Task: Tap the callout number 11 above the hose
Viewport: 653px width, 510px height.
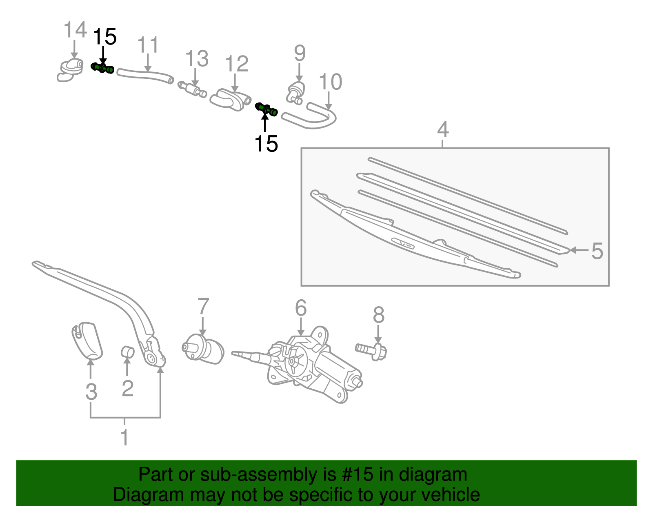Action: pyautogui.click(x=147, y=45)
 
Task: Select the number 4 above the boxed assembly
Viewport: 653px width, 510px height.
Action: pyautogui.click(x=443, y=130)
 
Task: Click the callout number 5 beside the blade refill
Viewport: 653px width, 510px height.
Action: pyautogui.click(x=597, y=251)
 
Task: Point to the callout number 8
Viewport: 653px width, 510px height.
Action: pyautogui.click(x=378, y=315)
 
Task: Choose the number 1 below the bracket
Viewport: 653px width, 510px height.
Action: pyautogui.click(x=125, y=438)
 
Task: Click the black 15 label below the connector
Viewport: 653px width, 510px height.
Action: pyautogui.click(x=266, y=144)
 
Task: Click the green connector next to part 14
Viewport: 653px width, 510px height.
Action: pyautogui.click(x=102, y=68)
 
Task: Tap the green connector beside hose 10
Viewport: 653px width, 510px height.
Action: pyautogui.click(x=267, y=109)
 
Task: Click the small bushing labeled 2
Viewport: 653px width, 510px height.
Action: pyautogui.click(x=128, y=351)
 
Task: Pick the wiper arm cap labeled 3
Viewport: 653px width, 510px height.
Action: pyautogui.click(x=88, y=341)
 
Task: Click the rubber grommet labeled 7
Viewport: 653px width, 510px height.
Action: pyautogui.click(x=203, y=349)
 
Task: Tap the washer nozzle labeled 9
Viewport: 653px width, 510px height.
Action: pyautogui.click(x=297, y=92)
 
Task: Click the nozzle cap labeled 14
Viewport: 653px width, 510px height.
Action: pyautogui.click(x=70, y=71)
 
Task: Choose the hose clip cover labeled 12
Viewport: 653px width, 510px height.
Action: pyautogui.click(x=230, y=100)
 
